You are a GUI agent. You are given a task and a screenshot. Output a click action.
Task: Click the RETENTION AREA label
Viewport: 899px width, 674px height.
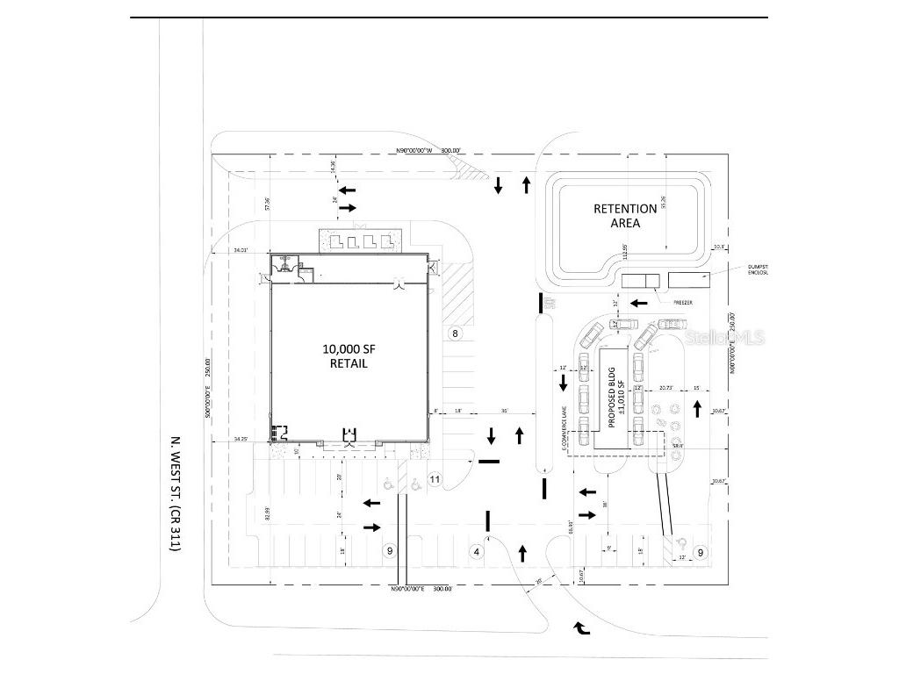point(625,216)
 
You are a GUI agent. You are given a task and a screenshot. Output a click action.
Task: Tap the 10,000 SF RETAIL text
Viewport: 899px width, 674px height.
point(349,355)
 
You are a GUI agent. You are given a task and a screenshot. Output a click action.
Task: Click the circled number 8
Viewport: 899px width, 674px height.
point(455,333)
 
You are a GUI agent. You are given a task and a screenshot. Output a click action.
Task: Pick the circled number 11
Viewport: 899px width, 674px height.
point(435,479)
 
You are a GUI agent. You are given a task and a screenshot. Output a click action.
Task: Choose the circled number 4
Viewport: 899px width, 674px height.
point(477,552)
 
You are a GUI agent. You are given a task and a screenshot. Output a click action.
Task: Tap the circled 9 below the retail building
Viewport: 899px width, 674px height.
point(391,551)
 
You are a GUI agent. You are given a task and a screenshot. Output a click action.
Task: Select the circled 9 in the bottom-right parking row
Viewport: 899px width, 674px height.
point(701,552)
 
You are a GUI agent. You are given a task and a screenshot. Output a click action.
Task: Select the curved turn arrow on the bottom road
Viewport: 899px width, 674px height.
point(581,627)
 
